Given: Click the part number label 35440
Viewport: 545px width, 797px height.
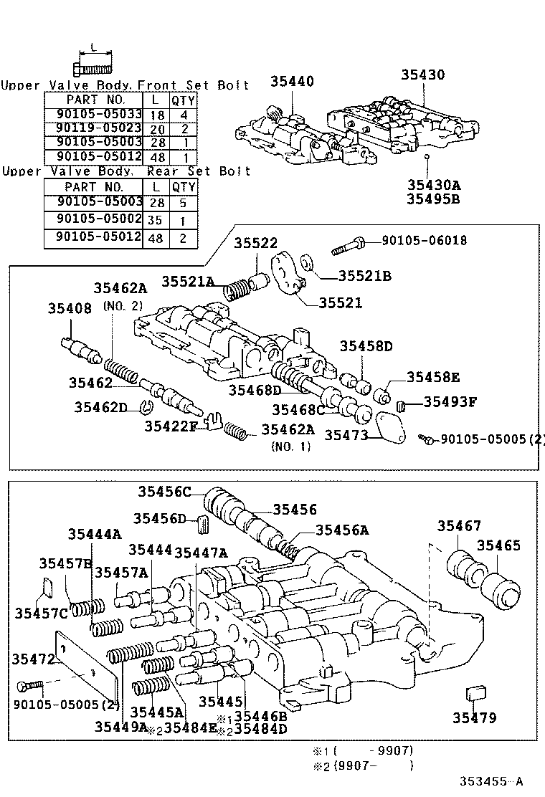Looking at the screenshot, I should (292, 82).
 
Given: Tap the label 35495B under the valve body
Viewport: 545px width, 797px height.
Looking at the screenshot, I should (433, 199).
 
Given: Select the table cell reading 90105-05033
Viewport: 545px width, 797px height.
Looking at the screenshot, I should (94, 113).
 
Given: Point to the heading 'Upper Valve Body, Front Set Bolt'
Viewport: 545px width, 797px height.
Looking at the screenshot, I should (125, 85).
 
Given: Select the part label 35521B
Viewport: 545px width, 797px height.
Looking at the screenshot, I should (365, 275).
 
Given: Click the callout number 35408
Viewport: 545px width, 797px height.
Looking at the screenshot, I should (70, 309).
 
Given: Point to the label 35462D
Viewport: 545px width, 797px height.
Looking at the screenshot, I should (100, 407).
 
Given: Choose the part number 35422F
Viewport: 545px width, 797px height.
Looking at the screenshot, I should (171, 426).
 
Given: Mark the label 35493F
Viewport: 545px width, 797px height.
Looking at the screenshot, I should (450, 401).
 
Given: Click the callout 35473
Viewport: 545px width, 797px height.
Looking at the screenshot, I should (346, 435).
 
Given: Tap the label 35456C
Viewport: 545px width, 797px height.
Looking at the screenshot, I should (165, 491).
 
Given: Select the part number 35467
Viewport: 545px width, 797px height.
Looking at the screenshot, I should (460, 527).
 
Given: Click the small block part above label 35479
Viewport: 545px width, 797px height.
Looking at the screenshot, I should (475, 693).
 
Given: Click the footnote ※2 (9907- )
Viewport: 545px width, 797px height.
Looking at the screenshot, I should (362, 765).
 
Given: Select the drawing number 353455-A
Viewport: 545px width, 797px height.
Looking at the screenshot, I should (492, 782).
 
